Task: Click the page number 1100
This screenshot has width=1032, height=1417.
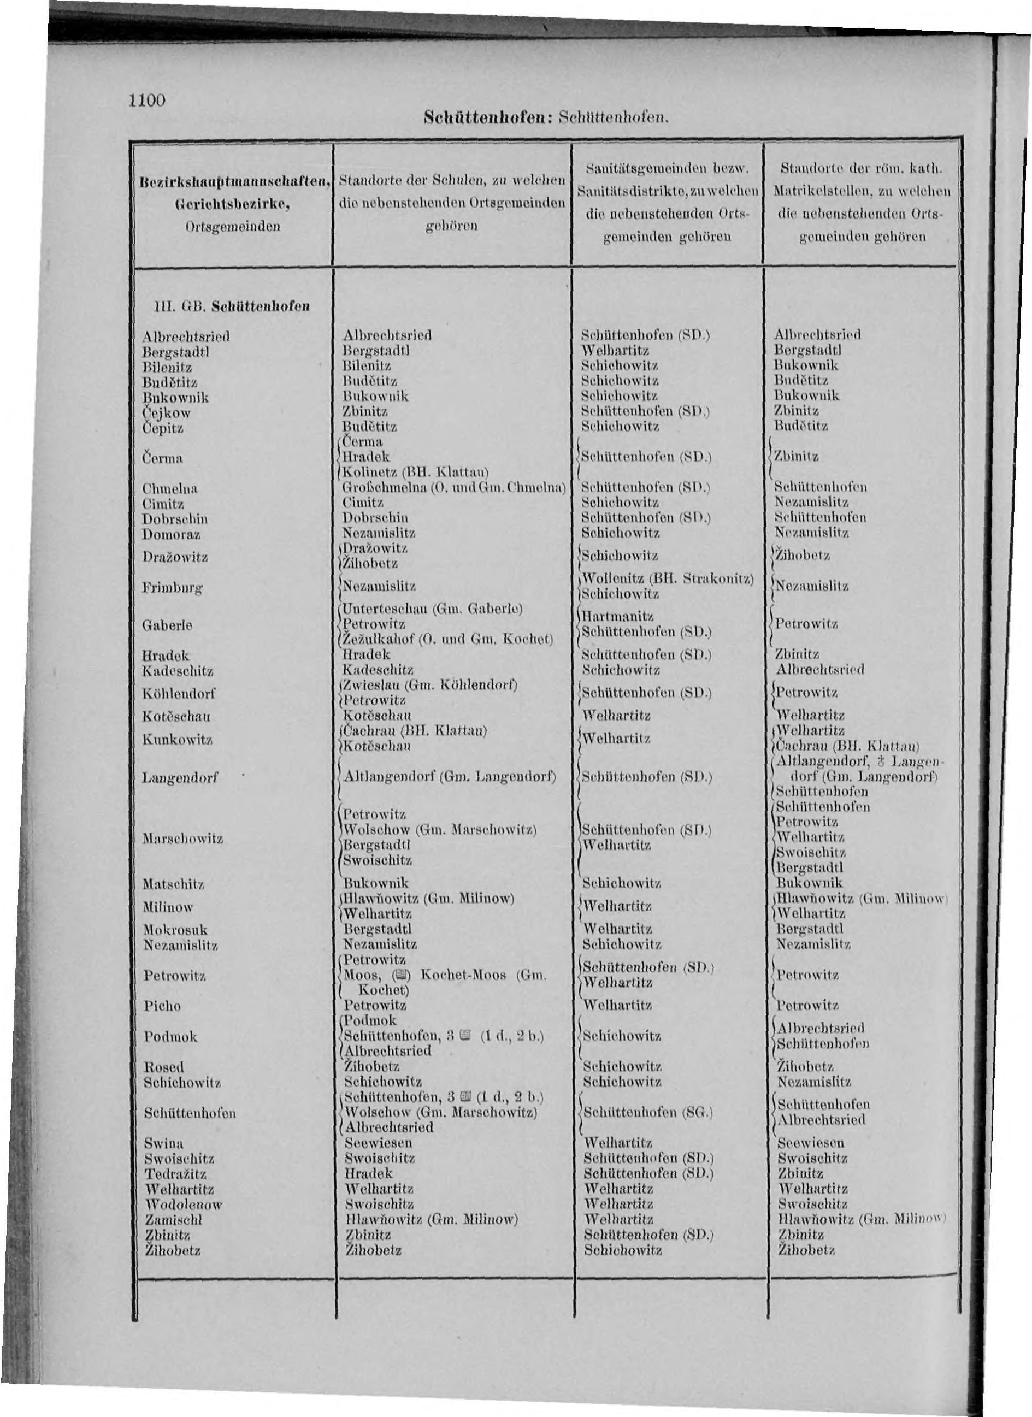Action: pos(145,99)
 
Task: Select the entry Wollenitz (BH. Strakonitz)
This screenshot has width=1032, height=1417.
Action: pos(667,578)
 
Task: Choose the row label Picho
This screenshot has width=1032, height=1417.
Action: pos(161,1006)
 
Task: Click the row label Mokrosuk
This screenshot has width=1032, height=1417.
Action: pos(175,930)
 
